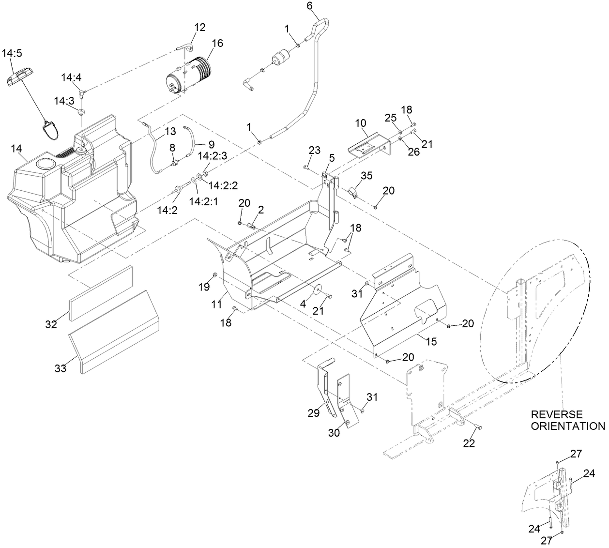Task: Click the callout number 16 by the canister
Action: [x=217, y=43]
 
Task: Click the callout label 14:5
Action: [x=13, y=53]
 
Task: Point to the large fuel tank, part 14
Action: [x=73, y=194]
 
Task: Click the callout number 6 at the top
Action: [x=310, y=6]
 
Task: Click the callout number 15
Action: [x=430, y=341]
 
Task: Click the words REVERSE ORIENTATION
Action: [x=567, y=421]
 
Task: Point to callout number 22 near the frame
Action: [x=470, y=443]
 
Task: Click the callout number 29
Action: [x=314, y=412]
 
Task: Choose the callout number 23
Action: [x=314, y=151]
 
